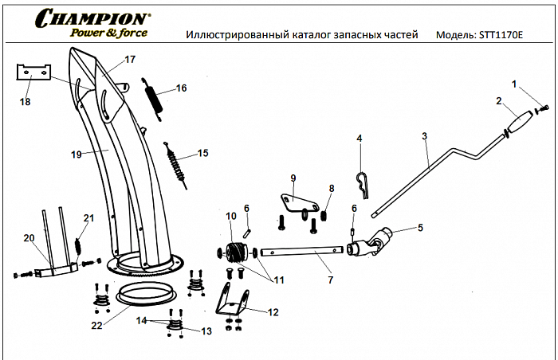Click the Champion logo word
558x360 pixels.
[91, 18]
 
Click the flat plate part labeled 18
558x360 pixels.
[33, 72]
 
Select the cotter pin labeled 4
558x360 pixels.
[363, 184]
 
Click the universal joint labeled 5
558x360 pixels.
[374, 241]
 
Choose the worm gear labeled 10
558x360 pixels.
[236, 252]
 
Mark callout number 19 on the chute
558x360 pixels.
[76, 155]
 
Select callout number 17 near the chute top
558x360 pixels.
[130, 60]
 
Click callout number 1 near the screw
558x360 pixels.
[514, 84]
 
